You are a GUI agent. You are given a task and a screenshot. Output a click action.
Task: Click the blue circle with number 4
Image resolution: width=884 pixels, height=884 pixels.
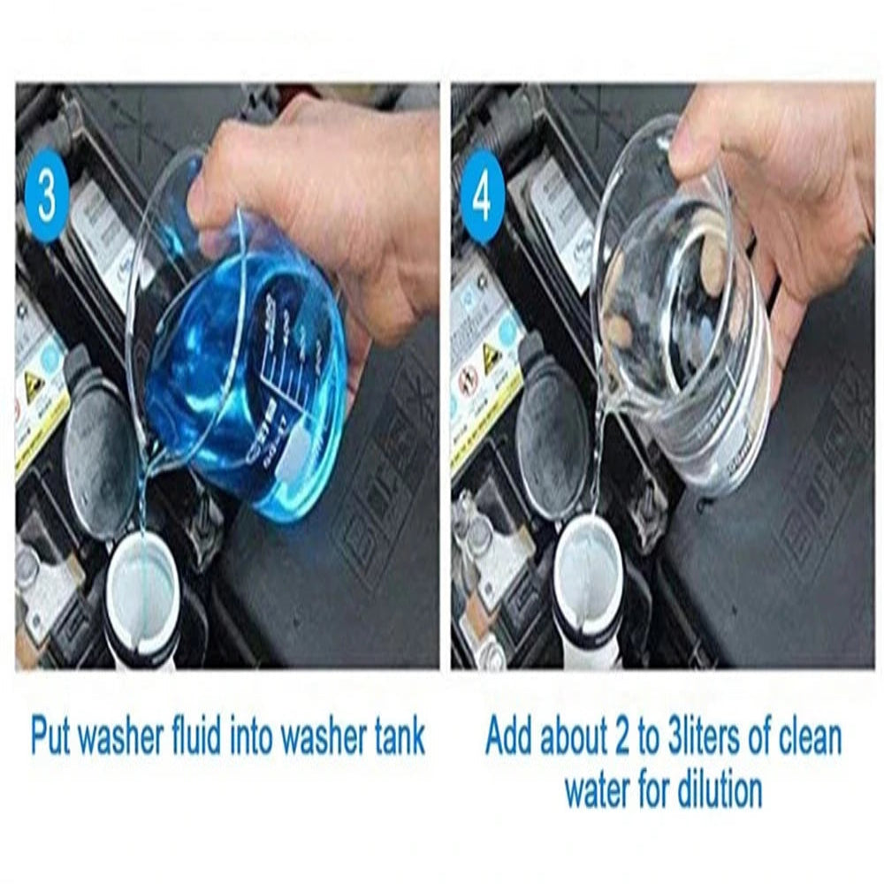point(482,196)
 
